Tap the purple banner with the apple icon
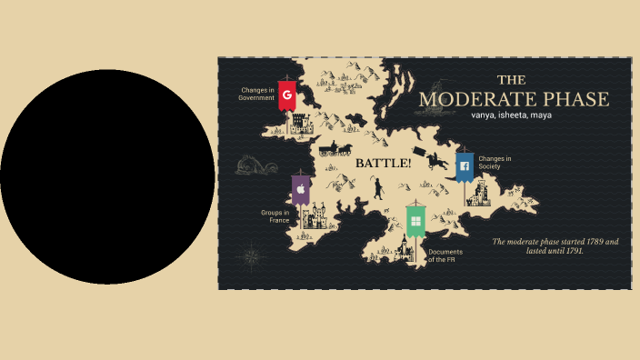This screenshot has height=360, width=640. (300, 190)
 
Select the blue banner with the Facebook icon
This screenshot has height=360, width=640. (464, 166)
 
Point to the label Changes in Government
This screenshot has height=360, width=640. (257, 94)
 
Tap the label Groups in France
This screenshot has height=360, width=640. (275, 216)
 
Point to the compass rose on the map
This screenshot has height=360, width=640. (251, 256)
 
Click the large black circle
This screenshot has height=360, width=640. (107, 176)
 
